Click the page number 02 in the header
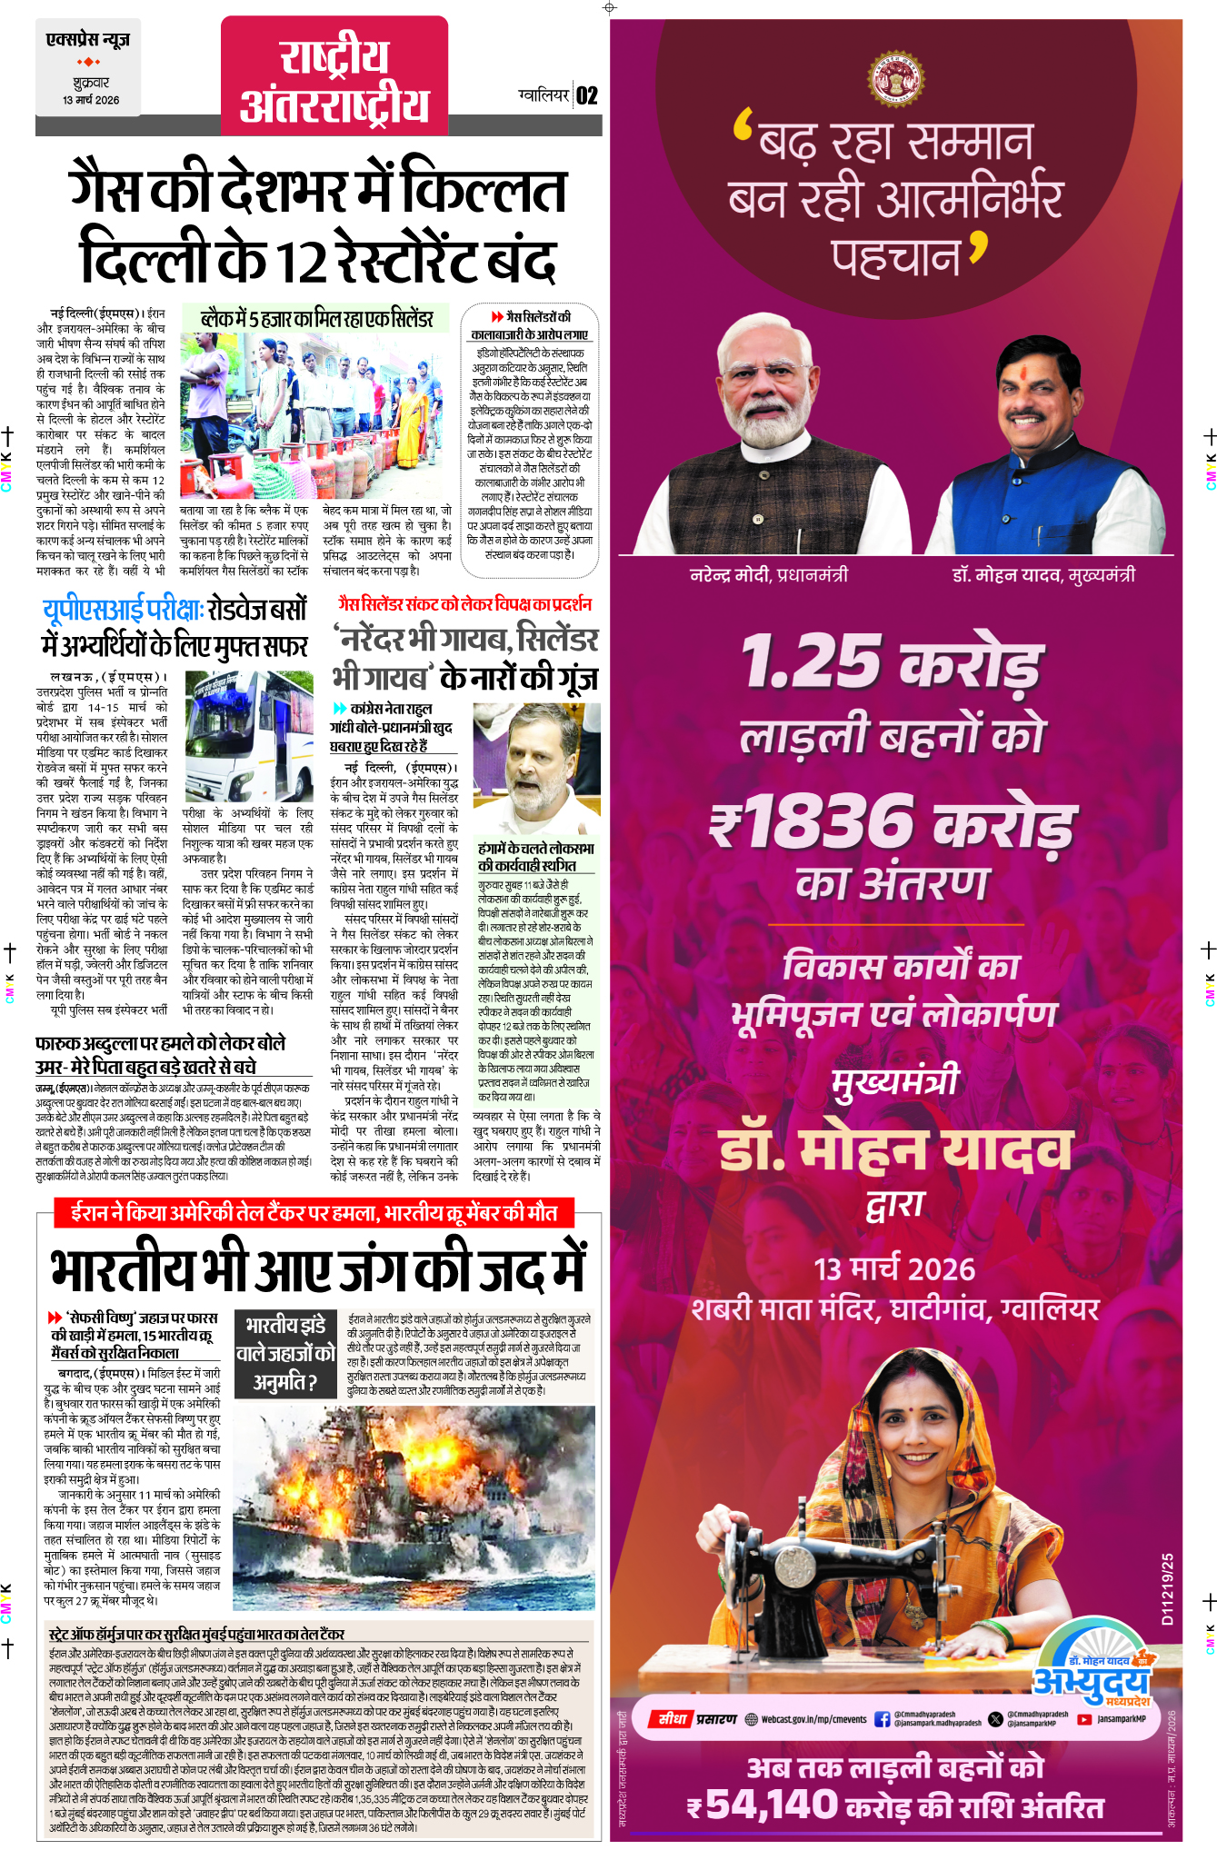(x=587, y=95)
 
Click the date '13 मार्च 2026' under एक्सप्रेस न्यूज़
(x=91, y=100)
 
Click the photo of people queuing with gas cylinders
(x=314, y=414)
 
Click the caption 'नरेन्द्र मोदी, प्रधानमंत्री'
(x=769, y=575)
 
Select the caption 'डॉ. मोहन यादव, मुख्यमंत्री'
(x=1043, y=575)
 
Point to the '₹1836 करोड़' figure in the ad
(x=893, y=822)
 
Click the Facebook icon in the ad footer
(x=882, y=1719)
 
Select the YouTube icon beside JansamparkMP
(x=1083, y=1719)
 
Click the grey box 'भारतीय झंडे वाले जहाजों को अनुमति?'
(x=285, y=1354)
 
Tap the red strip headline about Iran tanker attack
(x=314, y=1213)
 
